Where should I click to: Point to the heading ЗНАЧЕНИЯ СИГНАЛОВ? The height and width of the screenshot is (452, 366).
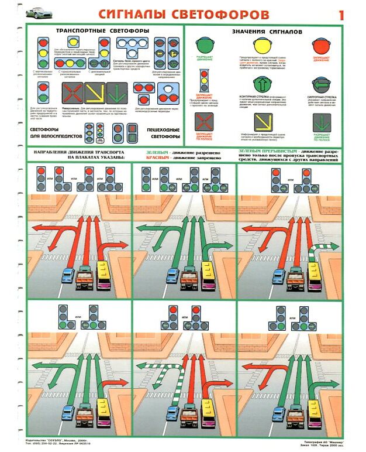pyautogui.click(x=267, y=32)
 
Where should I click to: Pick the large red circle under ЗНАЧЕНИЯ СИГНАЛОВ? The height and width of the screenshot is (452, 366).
pyautogui.click(x=320, y=46)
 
